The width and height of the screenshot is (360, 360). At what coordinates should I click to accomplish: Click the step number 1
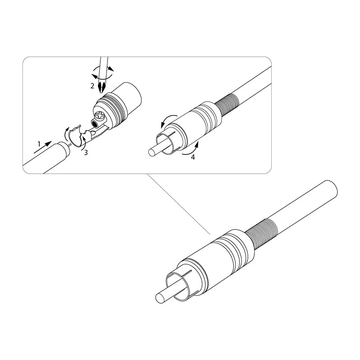pyautogui.click(x=39, y=144)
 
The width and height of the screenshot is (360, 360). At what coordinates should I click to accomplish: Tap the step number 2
pyautogui.click(x=92, y=86)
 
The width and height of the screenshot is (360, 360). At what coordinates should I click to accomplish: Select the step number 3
pyautogui.click(x=86, y=153)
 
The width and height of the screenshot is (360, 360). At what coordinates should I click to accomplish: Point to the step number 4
pyautogui.click(x=193, y=157)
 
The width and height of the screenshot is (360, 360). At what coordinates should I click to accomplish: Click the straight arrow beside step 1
pyautogui.click(x=43, y=147)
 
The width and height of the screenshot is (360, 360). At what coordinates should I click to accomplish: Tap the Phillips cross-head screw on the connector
pyautogui.click(x=100, y=117)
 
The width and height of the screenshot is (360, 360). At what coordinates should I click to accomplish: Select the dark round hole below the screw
pyautogui.click(x=94, y=125)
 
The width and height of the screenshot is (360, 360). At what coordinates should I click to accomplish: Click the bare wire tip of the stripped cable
pyautogui.click(x=69, y=145)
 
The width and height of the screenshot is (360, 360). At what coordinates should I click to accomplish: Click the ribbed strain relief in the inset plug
pyautogui.click(x=227, y=104)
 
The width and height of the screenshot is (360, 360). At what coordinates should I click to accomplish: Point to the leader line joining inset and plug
pyautogui.click(x=179, y=204)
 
